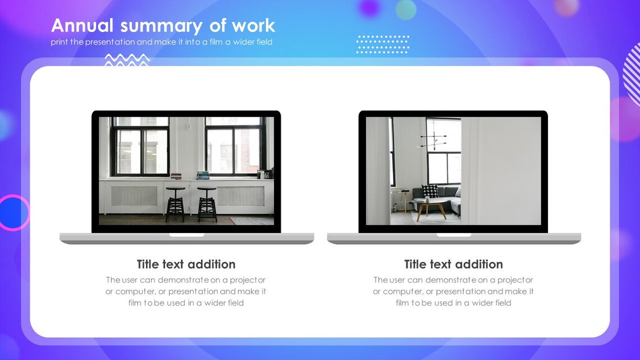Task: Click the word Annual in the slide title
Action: click(x=82, y=26)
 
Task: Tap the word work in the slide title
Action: click(x=254, y=26)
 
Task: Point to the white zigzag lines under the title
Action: click(x=127, y=60)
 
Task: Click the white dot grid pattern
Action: click(x=383, y=44)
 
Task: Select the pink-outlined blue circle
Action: click(x=13, y=213)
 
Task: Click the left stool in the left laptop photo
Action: click(x=175, y=204)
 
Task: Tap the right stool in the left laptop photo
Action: click(x=207, y=204)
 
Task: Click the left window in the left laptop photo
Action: click(x=140, y=145)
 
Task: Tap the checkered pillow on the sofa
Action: click(x=430, y=191)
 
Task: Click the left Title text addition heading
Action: click(x=186, y=265)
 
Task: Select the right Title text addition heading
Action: click(x=453, y=265)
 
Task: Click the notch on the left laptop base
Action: click(x=186, y=235)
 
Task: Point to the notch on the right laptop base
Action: click(x=454, y=235)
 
